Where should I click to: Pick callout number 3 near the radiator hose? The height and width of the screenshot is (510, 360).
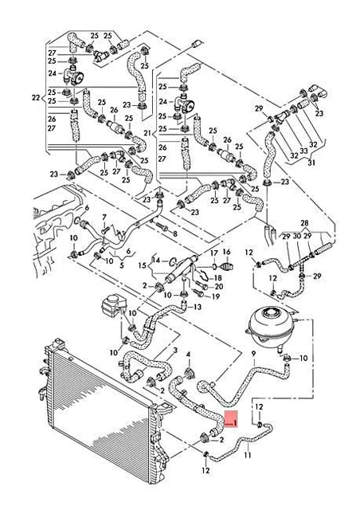click(174, 351)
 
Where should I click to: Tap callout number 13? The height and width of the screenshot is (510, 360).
click(198, 307)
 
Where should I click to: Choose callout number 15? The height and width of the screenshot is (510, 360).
click(143, 265)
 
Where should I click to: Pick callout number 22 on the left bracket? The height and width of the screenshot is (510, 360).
click(35, 98)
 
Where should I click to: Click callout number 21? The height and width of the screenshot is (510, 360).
click(147, 131)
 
